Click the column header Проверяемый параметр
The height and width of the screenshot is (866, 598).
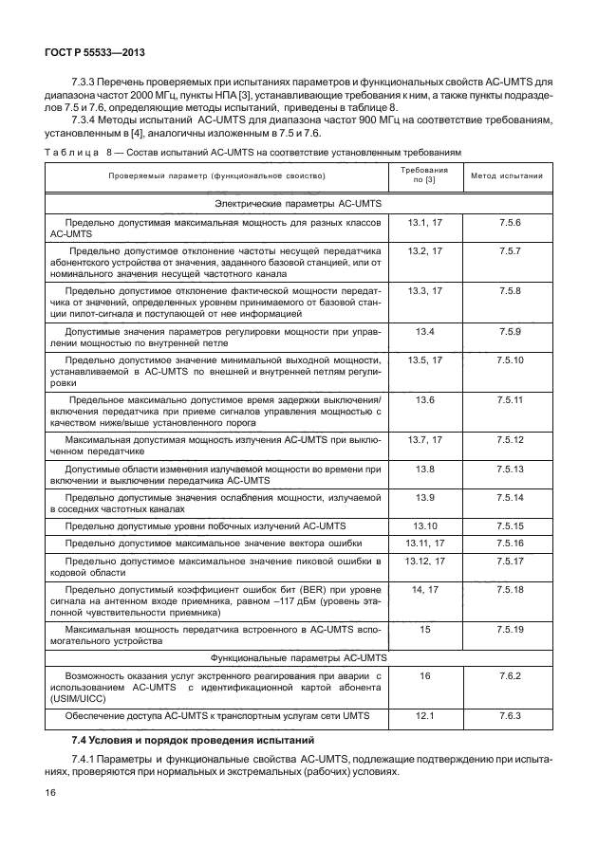coord(217,176)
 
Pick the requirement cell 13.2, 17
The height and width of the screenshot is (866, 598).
coord(424,251)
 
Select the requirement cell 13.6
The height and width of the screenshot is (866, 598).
coord(424,400)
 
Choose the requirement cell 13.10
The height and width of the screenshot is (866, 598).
coord(424,525)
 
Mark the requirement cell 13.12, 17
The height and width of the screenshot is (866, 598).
coord(424,561)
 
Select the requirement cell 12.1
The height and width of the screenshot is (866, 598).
coord(424,715)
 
